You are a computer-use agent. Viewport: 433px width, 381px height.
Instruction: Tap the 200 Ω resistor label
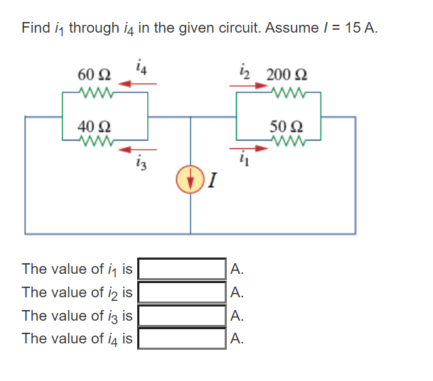(282, 74)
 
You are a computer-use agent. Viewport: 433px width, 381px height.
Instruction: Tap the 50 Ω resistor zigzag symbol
(288, 140)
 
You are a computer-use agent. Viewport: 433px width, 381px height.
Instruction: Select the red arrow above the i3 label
(137, 149)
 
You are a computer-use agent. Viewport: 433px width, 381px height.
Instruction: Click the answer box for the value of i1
(183, 269)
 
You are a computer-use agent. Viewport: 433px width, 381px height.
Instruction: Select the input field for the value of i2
(183, 292)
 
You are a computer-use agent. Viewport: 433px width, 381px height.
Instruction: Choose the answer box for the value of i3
(183, 316)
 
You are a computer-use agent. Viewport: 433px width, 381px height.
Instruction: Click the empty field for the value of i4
(183, 338)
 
